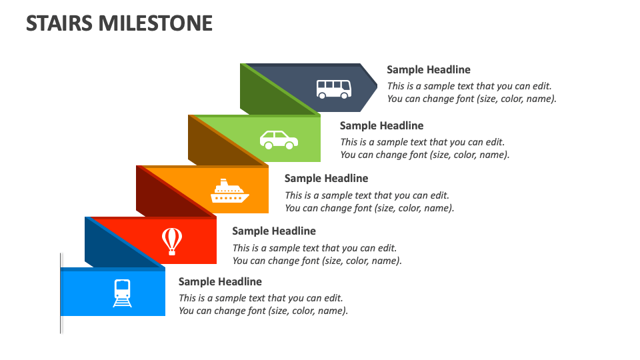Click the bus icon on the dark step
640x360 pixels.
point(333,89)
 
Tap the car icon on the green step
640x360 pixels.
point(279,140)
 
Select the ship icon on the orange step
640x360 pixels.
point(229,191)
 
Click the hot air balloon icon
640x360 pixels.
point(172,241)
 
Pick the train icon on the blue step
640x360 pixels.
point(122,293)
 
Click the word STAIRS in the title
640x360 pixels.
point(59,23)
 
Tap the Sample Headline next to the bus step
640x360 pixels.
point(429,69)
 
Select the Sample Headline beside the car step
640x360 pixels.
point(381,125)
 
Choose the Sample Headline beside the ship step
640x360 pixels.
point(326,178)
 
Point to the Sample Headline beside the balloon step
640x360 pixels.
point(274,231)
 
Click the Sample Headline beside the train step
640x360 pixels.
point(220,281)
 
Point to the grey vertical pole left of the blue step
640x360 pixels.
point(61,293)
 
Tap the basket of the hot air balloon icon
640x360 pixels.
point(172,252)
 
